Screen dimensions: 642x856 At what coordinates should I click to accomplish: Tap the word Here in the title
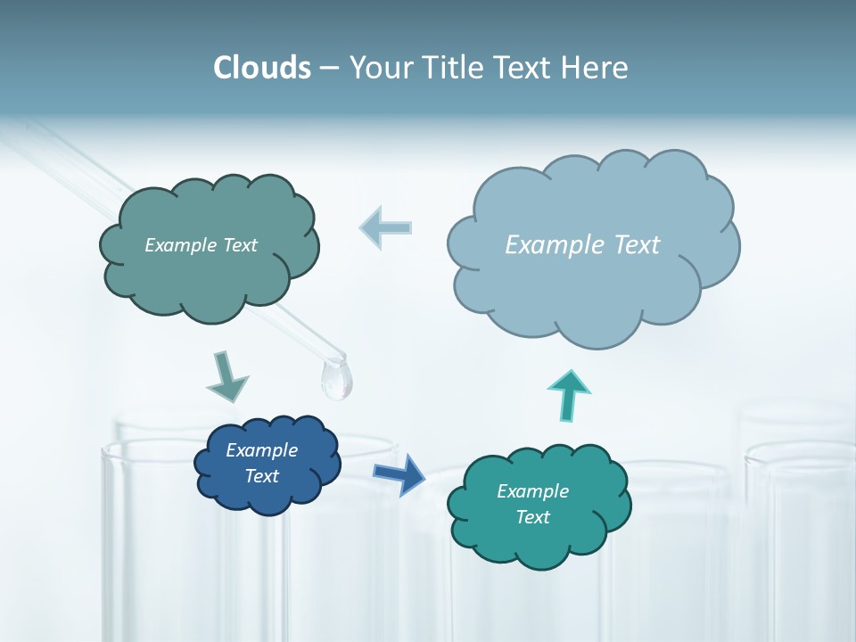[x=595, y=68]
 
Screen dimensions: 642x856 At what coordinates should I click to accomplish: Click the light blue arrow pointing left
[x=386, y=227]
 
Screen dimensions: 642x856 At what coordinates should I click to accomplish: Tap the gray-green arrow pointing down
[x=226, y=375]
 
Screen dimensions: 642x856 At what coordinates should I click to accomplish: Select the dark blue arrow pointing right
[x=399, y=473]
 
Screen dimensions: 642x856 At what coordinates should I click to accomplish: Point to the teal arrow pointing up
[x=570, y=394]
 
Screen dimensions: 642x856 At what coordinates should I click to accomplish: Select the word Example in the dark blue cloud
[x=261, y=450]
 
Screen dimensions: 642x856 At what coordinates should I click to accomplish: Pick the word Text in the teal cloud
[x=532, y=517]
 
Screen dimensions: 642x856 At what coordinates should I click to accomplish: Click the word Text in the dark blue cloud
[x=261, y=476]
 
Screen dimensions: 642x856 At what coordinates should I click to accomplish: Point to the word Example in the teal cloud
[x=532, y=491]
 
